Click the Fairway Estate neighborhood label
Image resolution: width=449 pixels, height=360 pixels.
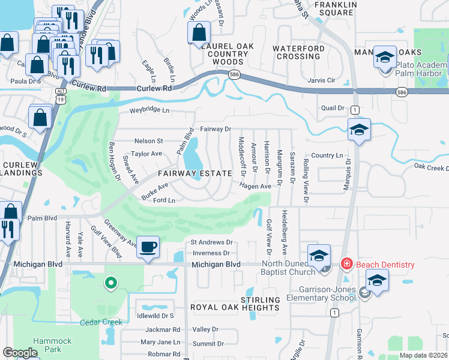pyautogui.click(x=194, y=173)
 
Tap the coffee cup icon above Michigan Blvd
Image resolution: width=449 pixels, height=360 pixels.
pyautogui.click(x=148, y=247)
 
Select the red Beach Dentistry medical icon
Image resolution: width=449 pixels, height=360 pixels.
pyautogui.click(x=346, y=263)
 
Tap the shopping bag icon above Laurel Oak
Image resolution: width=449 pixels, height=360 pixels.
pyautogui.click(x=199, y=33)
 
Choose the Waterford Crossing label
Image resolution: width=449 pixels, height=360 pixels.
pyautogui.click(x=300, y=52)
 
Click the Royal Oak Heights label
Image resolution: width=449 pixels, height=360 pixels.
pyautogui.click(x=235, y=304)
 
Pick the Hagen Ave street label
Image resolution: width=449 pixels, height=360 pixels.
pyautogui.click(x=256, y=187)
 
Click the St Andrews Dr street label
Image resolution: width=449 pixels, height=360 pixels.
pyautogui.click(x=211, y=243)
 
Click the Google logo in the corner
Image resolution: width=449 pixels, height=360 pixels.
pyautogui.click(x=20, y=353)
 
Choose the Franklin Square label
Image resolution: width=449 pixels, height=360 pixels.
pyautogui.click(x=331, y=9)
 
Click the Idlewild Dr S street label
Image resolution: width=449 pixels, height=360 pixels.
pyautogui.click(x=155, y=316)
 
